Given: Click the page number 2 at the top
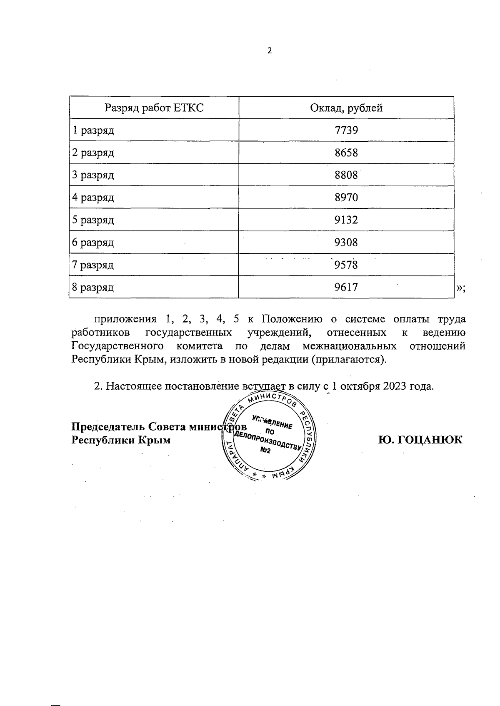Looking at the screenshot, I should [x=270, y=51].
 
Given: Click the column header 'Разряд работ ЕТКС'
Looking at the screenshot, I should [x=154, y=108].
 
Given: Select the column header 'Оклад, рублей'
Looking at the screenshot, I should [x=346, y=108].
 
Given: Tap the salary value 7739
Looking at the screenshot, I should [x=346, y=131].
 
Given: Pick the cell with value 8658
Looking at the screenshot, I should [x=346, y=153].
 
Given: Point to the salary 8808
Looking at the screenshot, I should [x=346, y=175].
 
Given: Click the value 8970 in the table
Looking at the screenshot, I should [x=346, y=198].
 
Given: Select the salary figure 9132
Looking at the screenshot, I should [x=346, y=220].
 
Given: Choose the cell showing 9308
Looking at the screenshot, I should [x=346, y=243].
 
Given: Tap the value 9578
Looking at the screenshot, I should [x=346, y=265].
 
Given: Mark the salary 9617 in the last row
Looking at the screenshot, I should [x=346, y=288].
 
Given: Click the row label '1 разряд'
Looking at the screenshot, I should [x=93, y=131].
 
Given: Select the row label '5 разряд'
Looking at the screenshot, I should [x=93, y=220].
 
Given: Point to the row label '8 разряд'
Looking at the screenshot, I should [x=93, y=288].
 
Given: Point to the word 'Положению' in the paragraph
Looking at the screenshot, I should [x=292, y=320].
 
